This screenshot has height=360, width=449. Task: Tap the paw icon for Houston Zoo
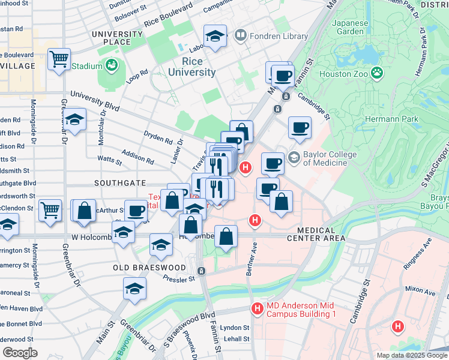377,73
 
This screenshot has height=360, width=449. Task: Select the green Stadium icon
111,65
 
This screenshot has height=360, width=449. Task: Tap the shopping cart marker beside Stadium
59,59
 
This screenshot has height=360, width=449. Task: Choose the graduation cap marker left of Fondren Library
215,36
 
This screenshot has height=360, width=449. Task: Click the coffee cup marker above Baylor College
300,128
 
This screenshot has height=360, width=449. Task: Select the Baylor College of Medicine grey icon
294,158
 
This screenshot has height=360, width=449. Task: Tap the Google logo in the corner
20,352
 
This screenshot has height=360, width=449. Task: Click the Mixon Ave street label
420,290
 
